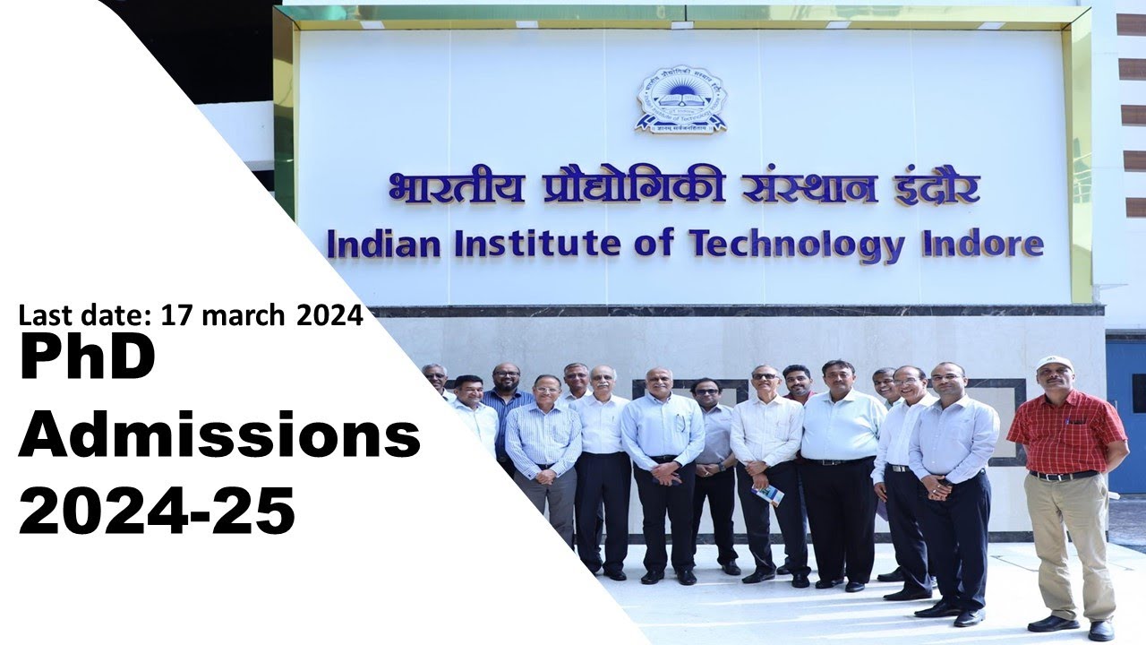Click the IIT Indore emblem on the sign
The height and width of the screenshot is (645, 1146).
[680, 99]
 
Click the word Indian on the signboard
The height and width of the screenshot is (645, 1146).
[382, 244]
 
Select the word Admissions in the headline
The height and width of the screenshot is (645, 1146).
[219, 437]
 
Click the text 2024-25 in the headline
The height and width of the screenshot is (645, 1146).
[157, 511]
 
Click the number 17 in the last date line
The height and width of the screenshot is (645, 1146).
[171, 315]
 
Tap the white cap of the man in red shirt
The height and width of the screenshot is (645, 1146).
[1055, 363]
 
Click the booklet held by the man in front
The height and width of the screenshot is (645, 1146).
[768, 494]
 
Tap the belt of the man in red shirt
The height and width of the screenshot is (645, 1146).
[1063, 475]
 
